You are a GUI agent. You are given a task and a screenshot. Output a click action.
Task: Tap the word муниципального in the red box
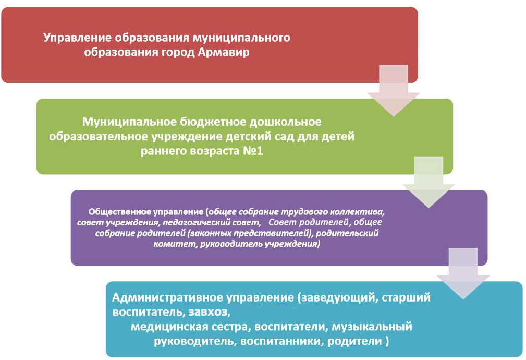[x=241, y=38]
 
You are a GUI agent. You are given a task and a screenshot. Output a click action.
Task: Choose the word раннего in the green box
[x=163, y=151]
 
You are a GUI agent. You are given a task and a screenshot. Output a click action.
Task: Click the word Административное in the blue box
[x=168, y=297]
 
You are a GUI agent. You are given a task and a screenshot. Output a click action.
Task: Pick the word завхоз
[x=210, y=313]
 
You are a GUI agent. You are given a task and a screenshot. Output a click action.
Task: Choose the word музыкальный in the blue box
[x=372, y=327]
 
